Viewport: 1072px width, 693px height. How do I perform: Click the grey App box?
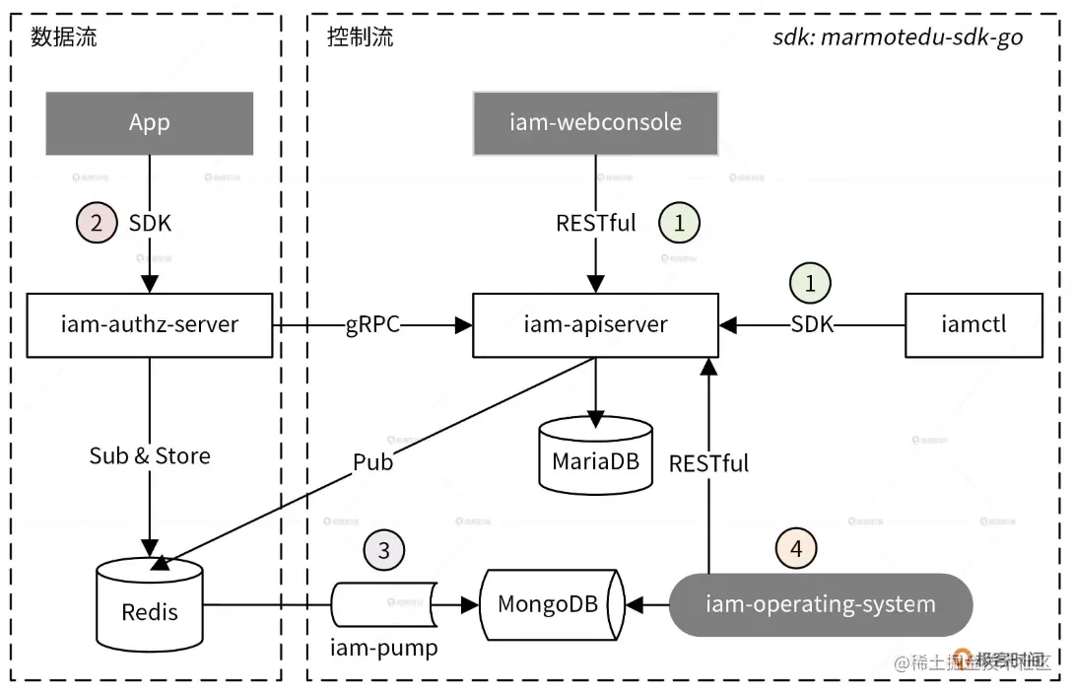pyautogui.click(x=150, y=123)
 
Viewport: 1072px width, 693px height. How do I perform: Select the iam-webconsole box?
pyautogui.click(x=595, y=123)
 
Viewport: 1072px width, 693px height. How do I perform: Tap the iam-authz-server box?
pyautogui.click(x=150, y=324)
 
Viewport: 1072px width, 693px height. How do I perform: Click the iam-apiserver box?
pyautogui.click(x=595, y=324)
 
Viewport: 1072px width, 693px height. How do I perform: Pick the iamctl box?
pyautogui.click(x=973, y=324)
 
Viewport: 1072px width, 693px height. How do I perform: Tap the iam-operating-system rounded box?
pyautogui.click(x=820, y=603)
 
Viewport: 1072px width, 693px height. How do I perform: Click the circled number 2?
pyautogui.click(x=97, y=223)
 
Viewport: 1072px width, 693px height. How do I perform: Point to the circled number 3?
pyautogui.click(x=384, y=549)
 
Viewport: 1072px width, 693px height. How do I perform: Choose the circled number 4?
pyautogui.click(x=796, y=549)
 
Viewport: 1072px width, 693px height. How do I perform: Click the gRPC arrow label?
pyautogui.click(x=372, y=324)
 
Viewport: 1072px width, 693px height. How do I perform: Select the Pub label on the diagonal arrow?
pyautogui.click(x=372, y=461)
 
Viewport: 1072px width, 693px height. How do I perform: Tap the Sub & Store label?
pyautogui.click(x=150, y=455)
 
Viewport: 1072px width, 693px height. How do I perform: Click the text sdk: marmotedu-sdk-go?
pyautogui.click(x=898, y=37)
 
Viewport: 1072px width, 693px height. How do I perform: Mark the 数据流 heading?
pyautogui.click(x=63, y=37)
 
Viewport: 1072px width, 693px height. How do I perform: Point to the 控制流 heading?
pyautogui.click(x=360, y=37)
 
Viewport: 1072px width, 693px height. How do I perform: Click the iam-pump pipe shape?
pyautogui.click(x=384, y=603)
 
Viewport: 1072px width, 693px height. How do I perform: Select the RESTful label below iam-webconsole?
pyautogui.click(x=595, y=223)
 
